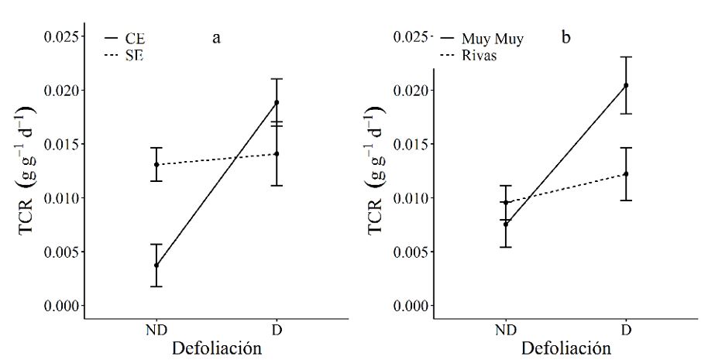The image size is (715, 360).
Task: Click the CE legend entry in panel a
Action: [x=126, y=39]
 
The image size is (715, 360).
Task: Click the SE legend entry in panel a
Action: [x=126, y=55]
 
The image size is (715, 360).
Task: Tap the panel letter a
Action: [x=217, y=37]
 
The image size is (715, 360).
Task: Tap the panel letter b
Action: [x=566, y=37]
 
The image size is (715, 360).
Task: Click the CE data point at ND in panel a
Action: [x=156, y=266]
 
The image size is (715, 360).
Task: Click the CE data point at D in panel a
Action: [x=277, y=102]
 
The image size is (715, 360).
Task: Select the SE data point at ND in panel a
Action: [x=156, y=165]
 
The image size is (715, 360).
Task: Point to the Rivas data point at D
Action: [x=626, y=174]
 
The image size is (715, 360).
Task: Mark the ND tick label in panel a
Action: [x=156, y=328]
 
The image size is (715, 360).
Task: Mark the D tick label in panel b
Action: [x=626, y=328]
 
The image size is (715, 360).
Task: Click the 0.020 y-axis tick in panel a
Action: [x=60, y=91]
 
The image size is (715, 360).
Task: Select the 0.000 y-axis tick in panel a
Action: [x=60, y=306]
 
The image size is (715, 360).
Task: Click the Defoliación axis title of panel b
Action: [x=565, y=348]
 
